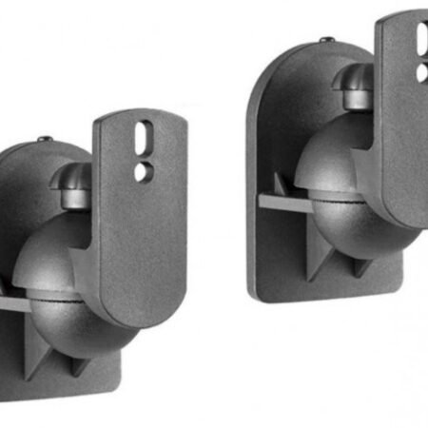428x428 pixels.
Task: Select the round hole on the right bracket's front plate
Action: coord(421,71)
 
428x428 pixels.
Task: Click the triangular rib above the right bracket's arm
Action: coord(282,185)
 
